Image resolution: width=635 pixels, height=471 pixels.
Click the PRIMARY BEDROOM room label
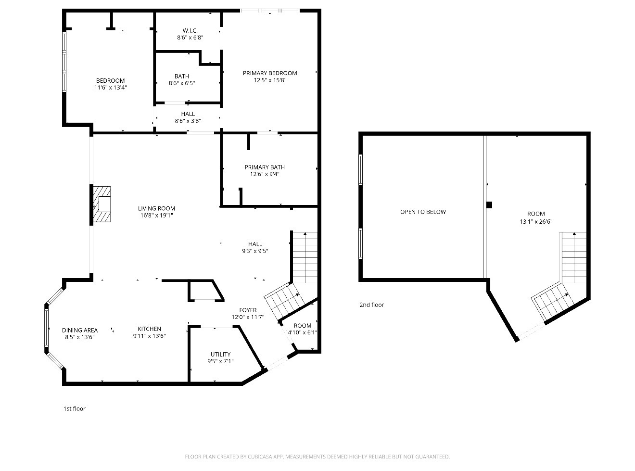(269, 73)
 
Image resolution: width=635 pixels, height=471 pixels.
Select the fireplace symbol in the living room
(102, 204)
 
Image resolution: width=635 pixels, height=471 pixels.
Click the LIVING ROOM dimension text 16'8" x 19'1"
(156, 216)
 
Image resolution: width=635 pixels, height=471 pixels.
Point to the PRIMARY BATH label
(265, 167)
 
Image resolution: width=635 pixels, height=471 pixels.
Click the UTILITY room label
(220, 355)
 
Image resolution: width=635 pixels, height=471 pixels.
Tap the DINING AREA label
(80, 330)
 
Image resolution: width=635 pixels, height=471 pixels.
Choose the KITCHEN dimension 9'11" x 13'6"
(149, 336)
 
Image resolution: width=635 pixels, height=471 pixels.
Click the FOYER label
(248, 310)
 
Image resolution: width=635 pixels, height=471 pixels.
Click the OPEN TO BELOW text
(423, 212)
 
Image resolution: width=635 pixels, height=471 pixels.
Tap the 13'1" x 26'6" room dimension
(536, 222)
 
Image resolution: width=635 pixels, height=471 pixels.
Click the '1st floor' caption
(75, 409)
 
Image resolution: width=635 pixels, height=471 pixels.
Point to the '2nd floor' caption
(371, 305)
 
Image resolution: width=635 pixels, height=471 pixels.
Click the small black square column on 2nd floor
(489, 205)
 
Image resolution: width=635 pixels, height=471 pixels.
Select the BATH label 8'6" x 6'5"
(182, 76)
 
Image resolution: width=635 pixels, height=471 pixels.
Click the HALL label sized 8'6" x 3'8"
(188, 115)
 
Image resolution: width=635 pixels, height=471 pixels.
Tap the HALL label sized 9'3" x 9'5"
(255, 244)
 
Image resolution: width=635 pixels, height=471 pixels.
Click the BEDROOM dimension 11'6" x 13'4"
(111, 88)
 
